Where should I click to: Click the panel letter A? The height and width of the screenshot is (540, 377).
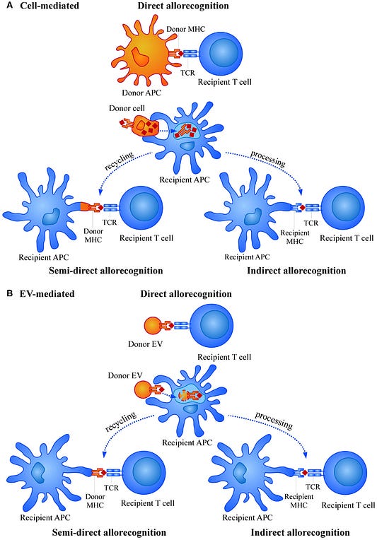pos(10,6)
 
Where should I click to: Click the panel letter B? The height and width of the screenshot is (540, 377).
pos(10,293)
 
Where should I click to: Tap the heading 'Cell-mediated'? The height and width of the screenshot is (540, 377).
pos(50,6)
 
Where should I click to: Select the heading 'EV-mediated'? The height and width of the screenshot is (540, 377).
pos(47,294)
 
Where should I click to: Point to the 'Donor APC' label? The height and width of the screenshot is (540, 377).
pos(141,93)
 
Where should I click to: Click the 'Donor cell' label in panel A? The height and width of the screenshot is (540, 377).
pos(127,108)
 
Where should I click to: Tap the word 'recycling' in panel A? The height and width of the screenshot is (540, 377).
pos(120,161)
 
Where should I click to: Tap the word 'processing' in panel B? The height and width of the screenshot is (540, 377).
pos(274,421)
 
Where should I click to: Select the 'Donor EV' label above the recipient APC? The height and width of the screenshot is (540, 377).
pos(124,375)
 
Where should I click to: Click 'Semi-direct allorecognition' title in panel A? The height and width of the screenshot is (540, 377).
pos(106,271)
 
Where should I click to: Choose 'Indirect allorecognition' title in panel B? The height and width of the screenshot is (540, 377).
pos(300,532)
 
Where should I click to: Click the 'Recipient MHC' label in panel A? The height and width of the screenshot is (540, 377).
pos(295,237)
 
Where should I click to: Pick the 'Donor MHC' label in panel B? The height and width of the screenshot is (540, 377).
pos(95,500)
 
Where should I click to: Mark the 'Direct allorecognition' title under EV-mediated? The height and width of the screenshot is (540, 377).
pos(186,294)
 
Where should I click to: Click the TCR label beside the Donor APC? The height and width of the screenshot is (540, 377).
pos(187,73)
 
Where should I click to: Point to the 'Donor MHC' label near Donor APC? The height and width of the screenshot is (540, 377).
pos(185,29)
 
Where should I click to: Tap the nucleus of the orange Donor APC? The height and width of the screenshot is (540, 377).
pos(141,57)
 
